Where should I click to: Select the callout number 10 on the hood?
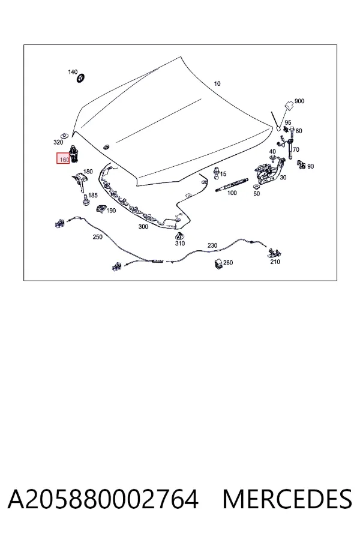click(217, 83)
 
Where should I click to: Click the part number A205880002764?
click(103, 499)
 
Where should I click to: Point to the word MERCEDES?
click(287, 499)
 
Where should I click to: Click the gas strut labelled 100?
click(231, 184)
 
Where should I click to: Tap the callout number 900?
click(299, 101)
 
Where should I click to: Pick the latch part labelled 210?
click(275, 253)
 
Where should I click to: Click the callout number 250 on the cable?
click(97, 237)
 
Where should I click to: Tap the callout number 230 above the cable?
click(212, 245)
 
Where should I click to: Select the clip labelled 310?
click(179, 236)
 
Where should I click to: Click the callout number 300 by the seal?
click(143, 227)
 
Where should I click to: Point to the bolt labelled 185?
click(85, 199)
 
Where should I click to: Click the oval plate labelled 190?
click(101, 209)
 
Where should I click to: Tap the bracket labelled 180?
click(79, 181)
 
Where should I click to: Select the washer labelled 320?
click(64, 134)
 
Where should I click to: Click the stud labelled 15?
click(217, 172)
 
